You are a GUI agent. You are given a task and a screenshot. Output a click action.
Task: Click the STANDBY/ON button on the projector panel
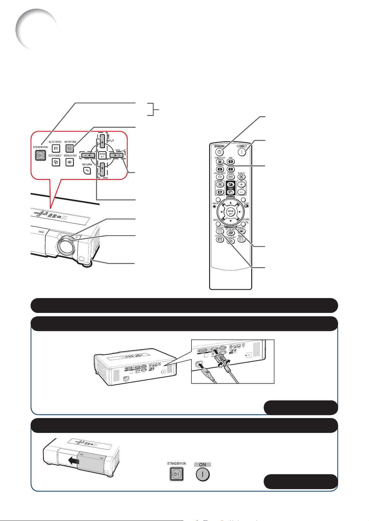pyautogui.click(x=40, y=156)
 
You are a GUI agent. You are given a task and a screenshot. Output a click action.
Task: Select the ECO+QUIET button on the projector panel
pyautogui.click(x=56, y=162)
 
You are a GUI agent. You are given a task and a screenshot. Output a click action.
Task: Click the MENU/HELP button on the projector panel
pyautogui.click(x=70, y=162)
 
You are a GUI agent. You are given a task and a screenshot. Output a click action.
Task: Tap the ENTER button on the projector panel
pyautogui.click(x=102, y=155)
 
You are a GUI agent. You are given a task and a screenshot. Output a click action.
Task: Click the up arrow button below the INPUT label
pyautogui.click(x=102, y=143)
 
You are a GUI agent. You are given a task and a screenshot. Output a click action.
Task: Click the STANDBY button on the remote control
pyautogui.click(x=219, y=152)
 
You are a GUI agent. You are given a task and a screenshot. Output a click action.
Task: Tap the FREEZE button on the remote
pyautogui.click(x=231, y=177)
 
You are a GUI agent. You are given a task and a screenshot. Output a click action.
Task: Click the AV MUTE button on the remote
pyautogui.click(x=241, y=177)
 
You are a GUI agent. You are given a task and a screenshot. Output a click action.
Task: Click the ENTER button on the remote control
pyautogui.click(x=231, y=212)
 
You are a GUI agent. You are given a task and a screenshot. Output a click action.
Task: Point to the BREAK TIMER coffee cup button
pyautogui.click(x=219, y=177)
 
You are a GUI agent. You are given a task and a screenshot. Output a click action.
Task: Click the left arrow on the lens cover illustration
pyautogui.click(x=74, y=461)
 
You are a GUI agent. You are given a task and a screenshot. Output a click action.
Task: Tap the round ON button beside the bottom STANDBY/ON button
pyautogui.click(x=203, y=474)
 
